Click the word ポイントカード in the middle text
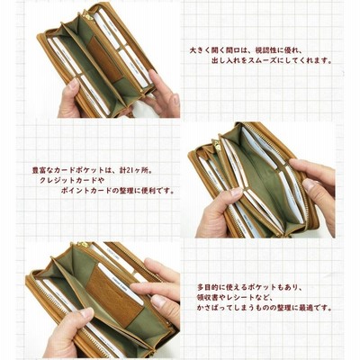click(84, 191)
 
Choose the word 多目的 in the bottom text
click(208, 287)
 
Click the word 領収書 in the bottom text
click(208, 298)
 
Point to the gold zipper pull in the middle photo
click(218, 145)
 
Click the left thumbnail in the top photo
click(73, 84)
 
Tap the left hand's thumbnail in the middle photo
click(237, 193)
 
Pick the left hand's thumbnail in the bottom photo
click(86, 313)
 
